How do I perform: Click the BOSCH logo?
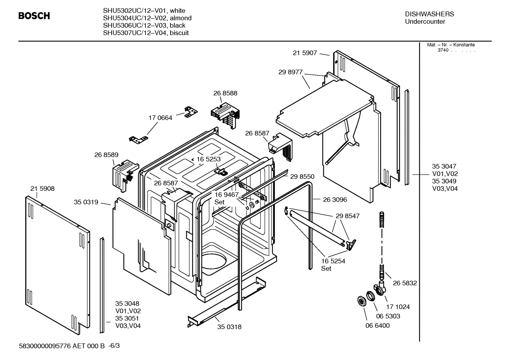34,16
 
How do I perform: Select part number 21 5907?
305,53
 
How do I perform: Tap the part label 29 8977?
290,72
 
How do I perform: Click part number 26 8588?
225,93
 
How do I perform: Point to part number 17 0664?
160,118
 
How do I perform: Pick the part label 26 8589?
106,155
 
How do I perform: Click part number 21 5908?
42,189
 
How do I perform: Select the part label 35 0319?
86,202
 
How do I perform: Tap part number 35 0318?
229,327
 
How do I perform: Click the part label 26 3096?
335,200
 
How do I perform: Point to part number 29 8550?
302,177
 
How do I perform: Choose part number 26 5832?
405,283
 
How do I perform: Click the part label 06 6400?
377,325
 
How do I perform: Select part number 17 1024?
398,307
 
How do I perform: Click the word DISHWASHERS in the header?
429,14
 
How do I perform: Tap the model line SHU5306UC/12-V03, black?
144,25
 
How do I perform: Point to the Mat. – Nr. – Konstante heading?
451,45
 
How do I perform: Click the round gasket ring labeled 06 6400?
361,301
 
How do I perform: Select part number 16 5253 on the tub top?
208,159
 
